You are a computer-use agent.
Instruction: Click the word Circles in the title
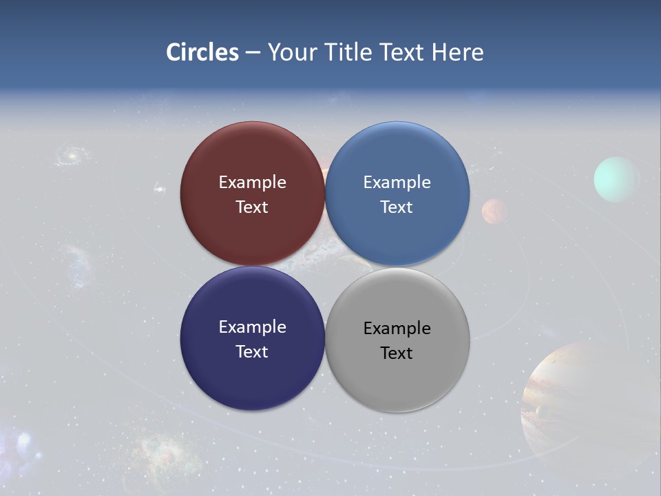tap(202, 52)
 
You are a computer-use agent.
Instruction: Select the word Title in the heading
tap(351, 52)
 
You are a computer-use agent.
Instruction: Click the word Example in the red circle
tap(252, 183)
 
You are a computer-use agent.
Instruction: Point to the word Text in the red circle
tap(252, 207)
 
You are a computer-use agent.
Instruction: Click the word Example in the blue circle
tap(397, 183)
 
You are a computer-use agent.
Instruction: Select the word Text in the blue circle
tap(397, 207)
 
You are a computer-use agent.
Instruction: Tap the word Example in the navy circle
tap(252, 327)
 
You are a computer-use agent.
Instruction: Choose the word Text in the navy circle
tap(252, 352)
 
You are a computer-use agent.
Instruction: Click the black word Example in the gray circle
tap(397, 329)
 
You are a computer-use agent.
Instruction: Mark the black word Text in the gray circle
tap(397, 353)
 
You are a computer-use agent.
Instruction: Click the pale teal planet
tap(616, 180)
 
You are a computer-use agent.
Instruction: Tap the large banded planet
tap(585, 406)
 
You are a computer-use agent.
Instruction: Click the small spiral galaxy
tap(70, 155)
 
